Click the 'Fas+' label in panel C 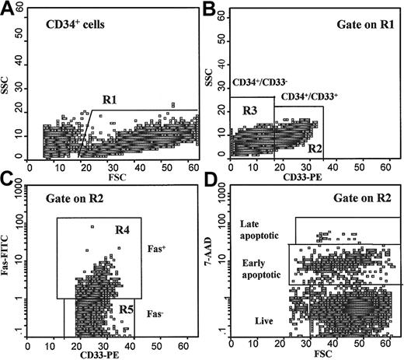[x=156, y=250]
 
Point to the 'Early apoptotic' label [x=262, y=268]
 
